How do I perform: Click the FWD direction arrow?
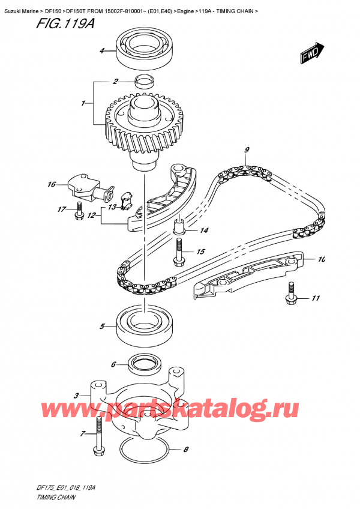(312, 53)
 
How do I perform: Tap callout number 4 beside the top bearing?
(102, 51)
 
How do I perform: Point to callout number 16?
(52, 184)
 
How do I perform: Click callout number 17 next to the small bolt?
(61, 209)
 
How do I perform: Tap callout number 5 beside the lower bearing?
(103, 327)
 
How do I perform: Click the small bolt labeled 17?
(79, 211)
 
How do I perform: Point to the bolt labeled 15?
(179, 252)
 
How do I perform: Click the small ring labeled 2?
(144, 81)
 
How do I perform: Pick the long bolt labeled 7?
(98, 435)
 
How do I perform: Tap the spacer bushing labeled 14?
(179, 227)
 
